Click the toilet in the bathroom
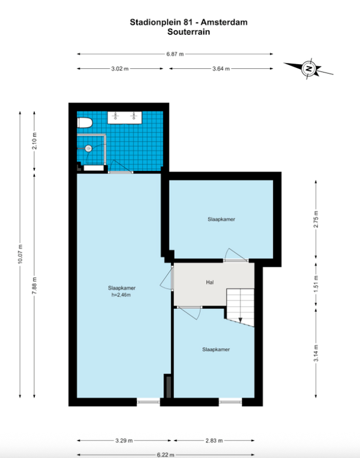point(85,123)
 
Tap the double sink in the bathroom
point(125,117)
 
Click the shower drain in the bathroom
point(89,149)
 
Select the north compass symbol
point(308,69)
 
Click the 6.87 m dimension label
point(175,54)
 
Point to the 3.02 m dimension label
point(120,69)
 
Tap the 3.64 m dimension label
point(221,69)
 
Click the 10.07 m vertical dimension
point(20,254)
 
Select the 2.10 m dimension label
point(35,141)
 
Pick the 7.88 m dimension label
point(35,285)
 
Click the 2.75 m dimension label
point(316,219)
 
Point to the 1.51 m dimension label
point(316,284)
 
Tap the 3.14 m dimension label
point(316,353)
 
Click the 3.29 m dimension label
point(124,441)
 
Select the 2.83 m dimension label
point(214,441)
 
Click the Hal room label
point(209,282)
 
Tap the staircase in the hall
point(240,308)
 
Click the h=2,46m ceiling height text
point(121,295)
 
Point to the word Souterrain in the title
point(188,32)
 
